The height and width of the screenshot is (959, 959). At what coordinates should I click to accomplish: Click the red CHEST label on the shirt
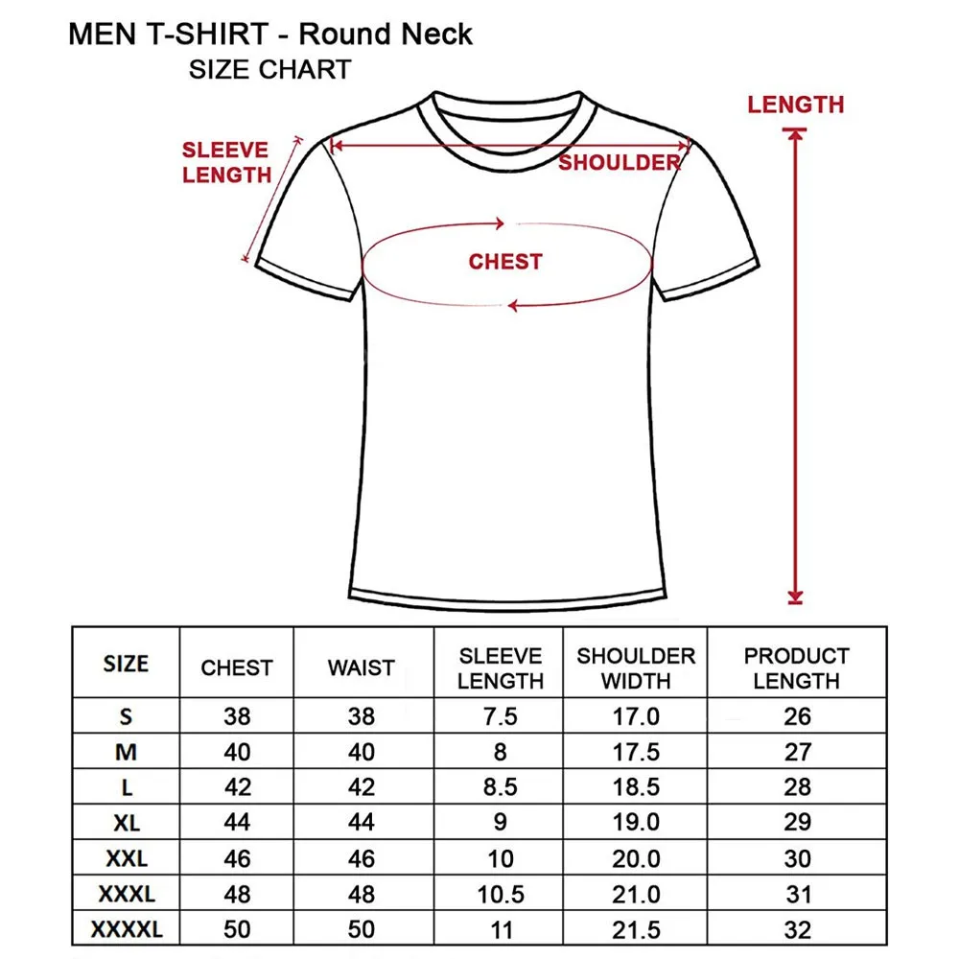pos(505,262)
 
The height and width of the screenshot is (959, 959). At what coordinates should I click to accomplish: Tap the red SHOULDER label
pos(620,163)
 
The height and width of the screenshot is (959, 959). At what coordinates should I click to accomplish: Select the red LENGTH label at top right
pos(796,105)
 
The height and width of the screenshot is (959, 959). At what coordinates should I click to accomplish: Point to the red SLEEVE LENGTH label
pos(226,163)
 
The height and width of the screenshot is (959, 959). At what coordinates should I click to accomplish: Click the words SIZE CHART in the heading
pos(269,70)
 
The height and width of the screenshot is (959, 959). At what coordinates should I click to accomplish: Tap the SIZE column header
pos(126,665)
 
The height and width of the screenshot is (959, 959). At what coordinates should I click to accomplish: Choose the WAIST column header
pos(362,668)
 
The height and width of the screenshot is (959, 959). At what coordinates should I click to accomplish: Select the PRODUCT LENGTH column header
pos(796,668)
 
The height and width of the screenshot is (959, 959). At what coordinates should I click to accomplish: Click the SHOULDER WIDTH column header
pos(636,668)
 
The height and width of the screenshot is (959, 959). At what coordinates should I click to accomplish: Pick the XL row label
pos(126,822)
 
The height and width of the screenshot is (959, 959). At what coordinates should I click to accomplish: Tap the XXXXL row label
pos(126,929)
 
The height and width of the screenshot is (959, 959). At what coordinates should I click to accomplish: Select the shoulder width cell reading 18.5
pos(636,787)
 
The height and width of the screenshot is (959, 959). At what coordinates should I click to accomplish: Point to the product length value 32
pos(797,929)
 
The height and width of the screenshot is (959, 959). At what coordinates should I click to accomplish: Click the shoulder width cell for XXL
pos(636,858)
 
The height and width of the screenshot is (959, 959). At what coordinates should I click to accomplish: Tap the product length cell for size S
pos(797,716)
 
